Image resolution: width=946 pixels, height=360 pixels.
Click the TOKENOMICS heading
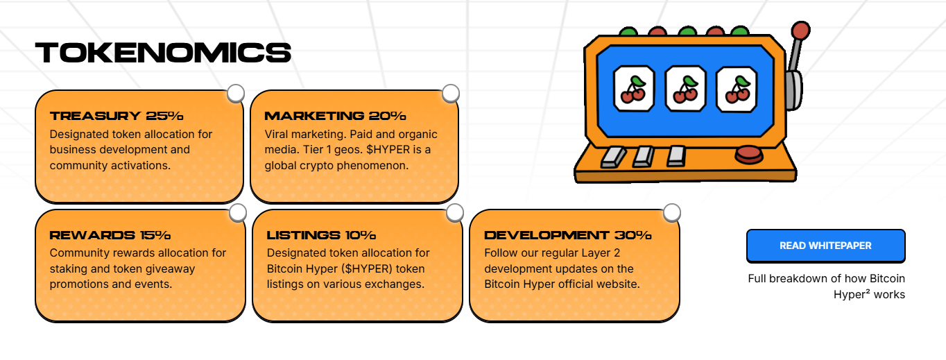163,53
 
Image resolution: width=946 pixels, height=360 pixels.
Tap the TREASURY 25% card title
117,116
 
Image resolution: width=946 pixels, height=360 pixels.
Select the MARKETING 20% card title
335,116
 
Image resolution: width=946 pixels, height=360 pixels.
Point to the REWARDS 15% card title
110,235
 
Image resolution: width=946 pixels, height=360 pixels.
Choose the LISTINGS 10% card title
321,235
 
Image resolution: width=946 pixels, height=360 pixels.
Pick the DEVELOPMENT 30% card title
568,235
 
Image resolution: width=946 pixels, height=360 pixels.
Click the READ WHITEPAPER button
825,246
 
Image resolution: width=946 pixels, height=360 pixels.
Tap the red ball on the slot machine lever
801,31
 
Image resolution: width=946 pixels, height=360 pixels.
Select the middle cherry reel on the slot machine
685,88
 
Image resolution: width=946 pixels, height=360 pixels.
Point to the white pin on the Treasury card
236,93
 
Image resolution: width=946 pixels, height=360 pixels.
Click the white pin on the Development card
671,212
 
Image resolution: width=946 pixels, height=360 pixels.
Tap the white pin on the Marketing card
451,93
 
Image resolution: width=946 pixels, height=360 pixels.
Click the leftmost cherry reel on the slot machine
634,88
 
